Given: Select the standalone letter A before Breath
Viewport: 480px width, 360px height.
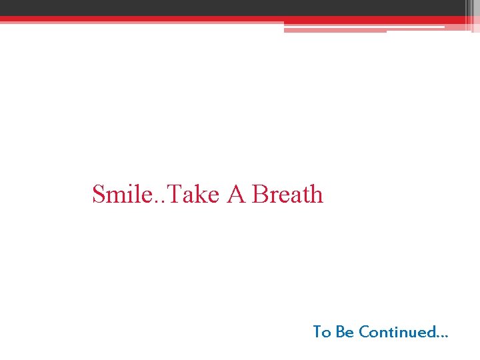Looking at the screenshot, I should click(x=236, y=195).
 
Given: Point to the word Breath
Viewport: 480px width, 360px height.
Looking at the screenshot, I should click(x=288, y=195).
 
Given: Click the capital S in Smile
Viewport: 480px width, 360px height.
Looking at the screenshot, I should click(x=98, y=195).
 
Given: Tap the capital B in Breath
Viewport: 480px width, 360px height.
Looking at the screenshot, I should click(x=260, y=195).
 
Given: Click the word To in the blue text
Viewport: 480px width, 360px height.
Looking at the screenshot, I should click(x=322, y=332).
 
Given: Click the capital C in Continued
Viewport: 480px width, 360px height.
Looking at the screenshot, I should click(x=363, y=332).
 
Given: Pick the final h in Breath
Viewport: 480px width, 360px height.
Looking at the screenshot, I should click(x=316, y=195).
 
